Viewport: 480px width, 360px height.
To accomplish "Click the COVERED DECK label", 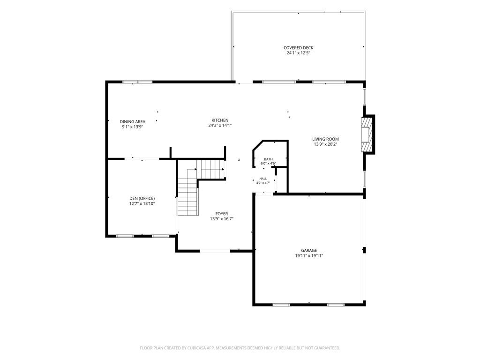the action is (x=298, y=48).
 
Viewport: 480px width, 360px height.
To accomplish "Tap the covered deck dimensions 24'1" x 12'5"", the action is (x=298, y=53).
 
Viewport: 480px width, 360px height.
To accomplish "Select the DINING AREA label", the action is (x=133, y=121).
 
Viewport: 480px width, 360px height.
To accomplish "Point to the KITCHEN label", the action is (x=220, y=120).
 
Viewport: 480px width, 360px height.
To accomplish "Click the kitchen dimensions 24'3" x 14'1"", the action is (x=220, y=125).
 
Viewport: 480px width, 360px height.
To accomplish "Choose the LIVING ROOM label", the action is (x=325, y=139).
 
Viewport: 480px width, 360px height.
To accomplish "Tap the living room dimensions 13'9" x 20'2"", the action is (x=325, y=144).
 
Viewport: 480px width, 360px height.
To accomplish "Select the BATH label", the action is (x=269, y=159).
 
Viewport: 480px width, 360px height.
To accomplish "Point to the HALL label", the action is (x=263, y=179).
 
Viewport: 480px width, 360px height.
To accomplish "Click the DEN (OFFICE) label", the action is (x=142, y=198).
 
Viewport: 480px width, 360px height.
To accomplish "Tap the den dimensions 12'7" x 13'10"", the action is (x=142, y=203).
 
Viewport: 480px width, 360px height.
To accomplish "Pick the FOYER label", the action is (x=222, y=214).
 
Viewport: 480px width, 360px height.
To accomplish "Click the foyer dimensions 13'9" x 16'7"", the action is (x=222, y=219).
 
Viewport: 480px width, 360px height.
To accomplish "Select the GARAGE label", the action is (x=309, y=250).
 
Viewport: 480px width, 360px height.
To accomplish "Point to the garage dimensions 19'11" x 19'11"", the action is (x=309, y=255).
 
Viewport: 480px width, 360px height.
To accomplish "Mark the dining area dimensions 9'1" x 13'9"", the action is (x=133, y=127).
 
